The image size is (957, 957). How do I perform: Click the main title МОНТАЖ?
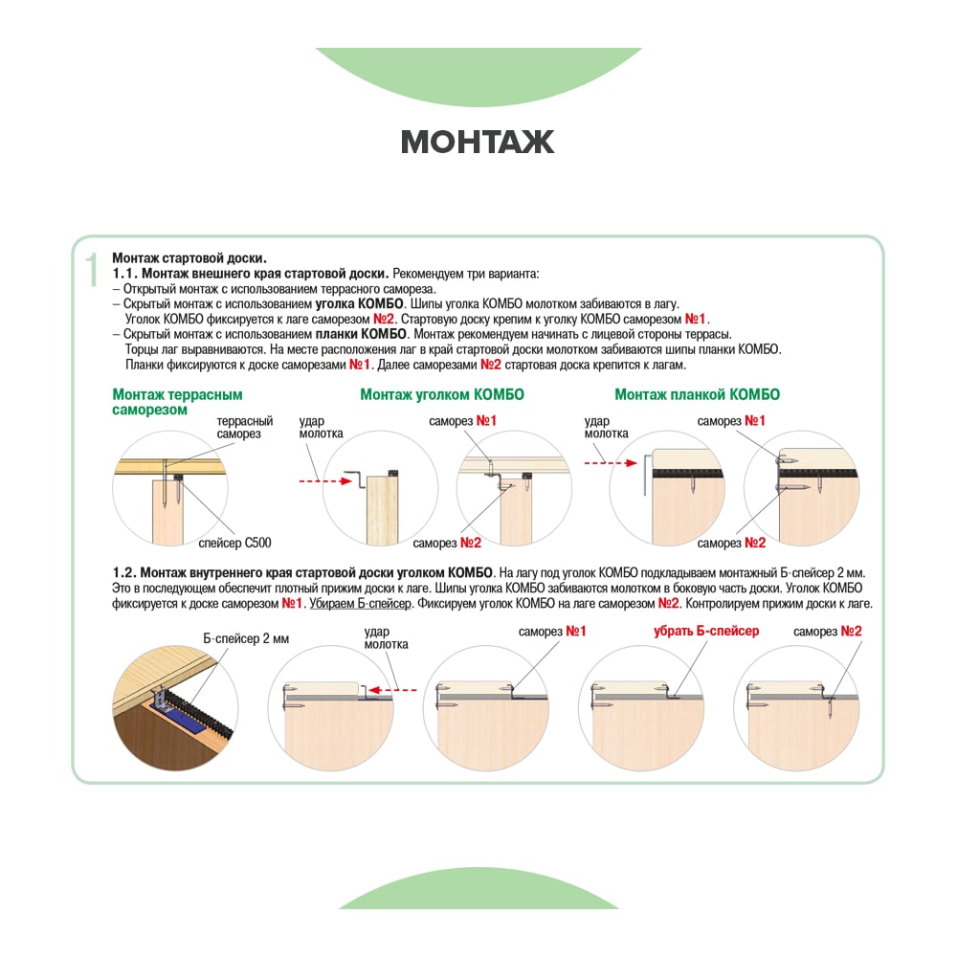pos(478,142)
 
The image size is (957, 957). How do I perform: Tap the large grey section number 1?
pos(92,270)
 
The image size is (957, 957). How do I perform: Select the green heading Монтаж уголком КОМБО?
pos(442,394)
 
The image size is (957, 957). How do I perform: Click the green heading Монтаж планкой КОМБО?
pos(697,394)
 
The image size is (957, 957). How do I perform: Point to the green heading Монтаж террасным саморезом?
pos(177,402)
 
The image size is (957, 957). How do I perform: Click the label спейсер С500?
pos(235,543)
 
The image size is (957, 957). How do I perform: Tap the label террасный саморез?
pos(245,427)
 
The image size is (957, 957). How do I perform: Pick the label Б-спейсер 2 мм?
pos(246,638)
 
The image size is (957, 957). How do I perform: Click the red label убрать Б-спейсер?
pos(706,631)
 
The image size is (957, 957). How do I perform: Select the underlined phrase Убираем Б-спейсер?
pos(361,604)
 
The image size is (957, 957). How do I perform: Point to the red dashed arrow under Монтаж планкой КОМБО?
pos(611,462)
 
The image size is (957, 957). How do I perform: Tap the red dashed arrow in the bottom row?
pos(392,690)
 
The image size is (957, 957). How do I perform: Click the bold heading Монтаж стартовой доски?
pos(189,258)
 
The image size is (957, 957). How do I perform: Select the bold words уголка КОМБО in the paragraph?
pos(359,304)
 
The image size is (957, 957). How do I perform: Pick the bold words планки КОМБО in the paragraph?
pos(361,334)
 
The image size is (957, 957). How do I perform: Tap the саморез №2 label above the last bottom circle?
pos(828,631)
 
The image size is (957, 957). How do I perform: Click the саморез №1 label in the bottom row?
pos(552,631)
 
